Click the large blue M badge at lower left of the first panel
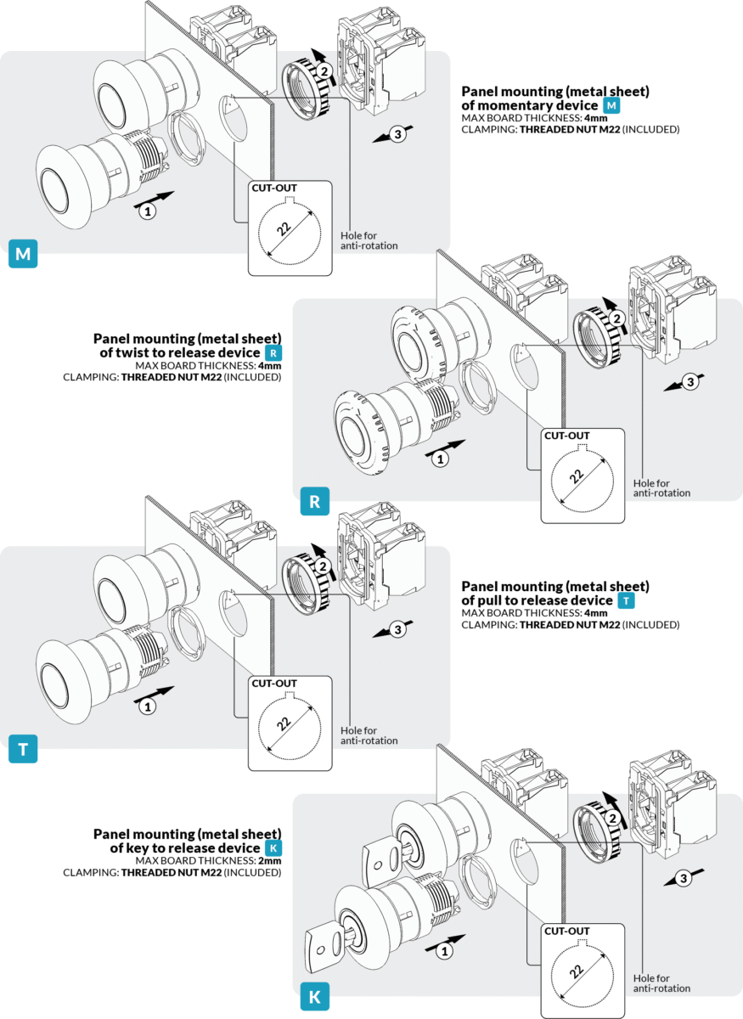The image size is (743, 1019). coord(23,254)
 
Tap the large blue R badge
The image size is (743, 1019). coord(314,502)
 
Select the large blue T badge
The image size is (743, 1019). coord(23,750)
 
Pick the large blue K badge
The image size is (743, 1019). coord(314,997)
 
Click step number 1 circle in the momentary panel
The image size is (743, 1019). coord(147,211)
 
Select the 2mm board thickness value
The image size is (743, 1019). coord(269,860)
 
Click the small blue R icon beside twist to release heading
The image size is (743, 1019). coord(272,352)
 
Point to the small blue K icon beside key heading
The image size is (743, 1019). coord(272,848)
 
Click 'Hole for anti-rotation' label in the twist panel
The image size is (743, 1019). coord(661,487)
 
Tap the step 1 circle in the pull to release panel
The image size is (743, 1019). coord(147,706)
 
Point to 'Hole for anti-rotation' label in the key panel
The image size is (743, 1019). coord(661,982)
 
